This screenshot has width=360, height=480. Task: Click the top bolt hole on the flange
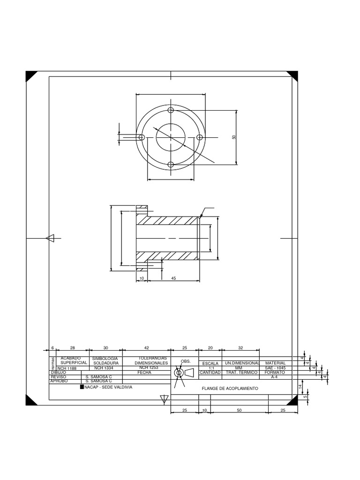171,110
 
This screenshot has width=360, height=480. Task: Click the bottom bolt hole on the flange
171,165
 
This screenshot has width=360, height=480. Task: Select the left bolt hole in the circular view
142,137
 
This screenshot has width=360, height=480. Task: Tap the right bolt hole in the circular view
199,137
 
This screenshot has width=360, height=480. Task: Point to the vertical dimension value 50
233,137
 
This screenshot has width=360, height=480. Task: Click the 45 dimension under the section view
173,278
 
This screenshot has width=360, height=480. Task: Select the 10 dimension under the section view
142,278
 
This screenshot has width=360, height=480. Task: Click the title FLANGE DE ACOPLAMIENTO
230,389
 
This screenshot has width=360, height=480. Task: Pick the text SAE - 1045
275,368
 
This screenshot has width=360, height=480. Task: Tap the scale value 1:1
210,368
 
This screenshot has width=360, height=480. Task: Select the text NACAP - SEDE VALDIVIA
108,387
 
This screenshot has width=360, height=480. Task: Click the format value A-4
275,376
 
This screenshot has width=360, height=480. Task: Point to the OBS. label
186,361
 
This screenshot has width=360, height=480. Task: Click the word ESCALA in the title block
210,363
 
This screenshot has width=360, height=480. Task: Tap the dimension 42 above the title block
146,348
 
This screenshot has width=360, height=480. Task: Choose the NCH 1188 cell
67,368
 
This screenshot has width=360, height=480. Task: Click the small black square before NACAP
82,387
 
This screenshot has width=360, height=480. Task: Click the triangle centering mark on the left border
51,238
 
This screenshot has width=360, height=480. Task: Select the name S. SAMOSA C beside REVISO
98,376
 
